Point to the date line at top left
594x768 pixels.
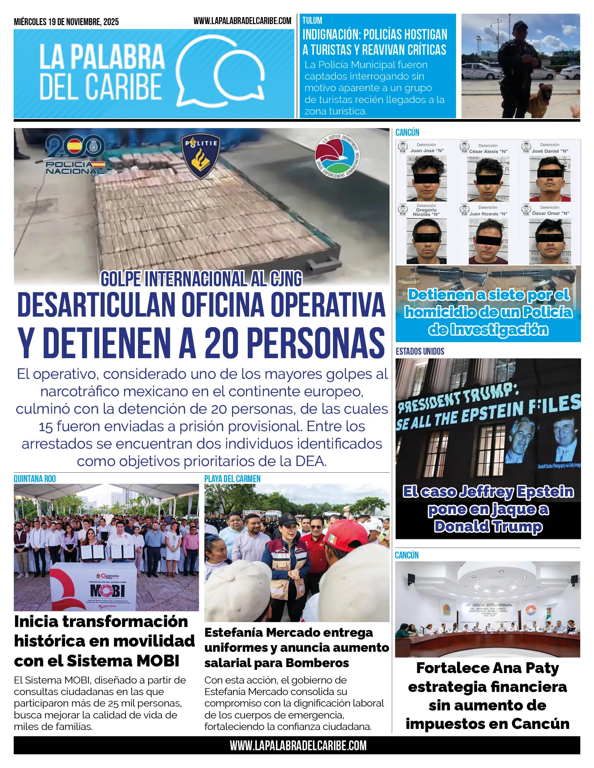click(x=66, y=22)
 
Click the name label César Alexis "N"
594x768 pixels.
click(x=488, y=151)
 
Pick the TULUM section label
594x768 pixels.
click(x=312, y=20)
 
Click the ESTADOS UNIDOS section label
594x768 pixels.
click(x=420, y=351)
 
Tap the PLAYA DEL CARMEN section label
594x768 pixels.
click(x=232, y=479)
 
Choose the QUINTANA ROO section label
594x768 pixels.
click(x=35, y=479)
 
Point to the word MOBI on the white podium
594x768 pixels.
click(x=107, y=591)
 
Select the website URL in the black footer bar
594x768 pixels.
click(x=298, y=745)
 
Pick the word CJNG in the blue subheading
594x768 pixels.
click(x=286, y=279)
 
